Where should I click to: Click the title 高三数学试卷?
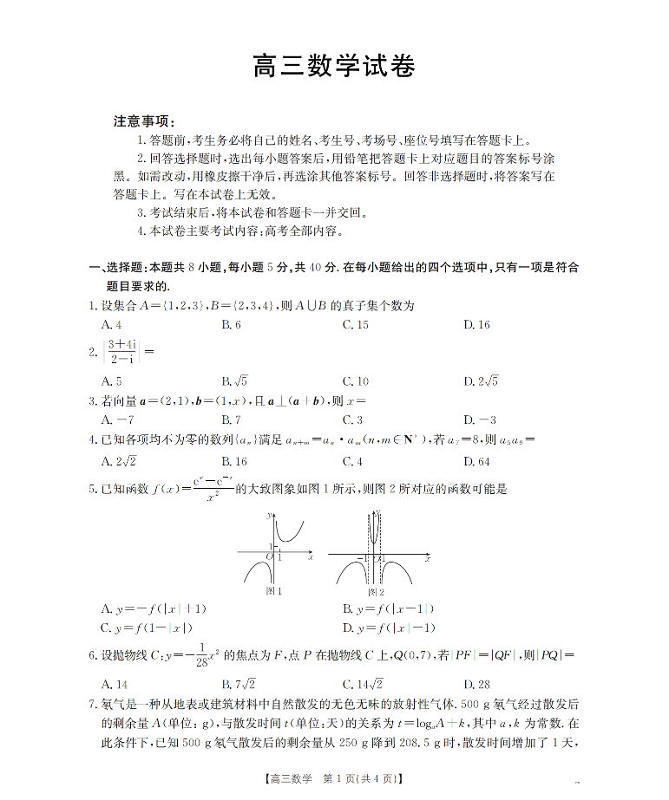[334, 67]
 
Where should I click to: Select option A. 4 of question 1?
[111, 324]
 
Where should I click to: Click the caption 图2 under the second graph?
[376, 591]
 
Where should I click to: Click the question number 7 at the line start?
[92, 705]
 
